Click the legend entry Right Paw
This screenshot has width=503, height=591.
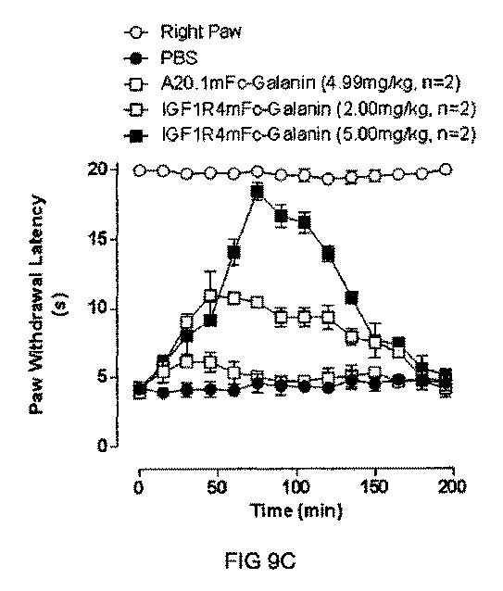pos(200,31)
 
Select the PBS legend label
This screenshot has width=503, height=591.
pos(180,57)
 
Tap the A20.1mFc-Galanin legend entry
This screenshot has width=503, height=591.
pos(310,83)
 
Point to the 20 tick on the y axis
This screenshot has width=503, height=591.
pos(97,170)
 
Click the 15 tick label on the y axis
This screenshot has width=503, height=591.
pos(97,239)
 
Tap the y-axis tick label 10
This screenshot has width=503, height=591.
pos(97,308)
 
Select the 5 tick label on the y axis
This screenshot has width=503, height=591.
pos(103,377)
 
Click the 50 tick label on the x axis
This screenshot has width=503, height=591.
pos(216,486)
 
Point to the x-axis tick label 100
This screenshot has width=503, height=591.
pos(296,486)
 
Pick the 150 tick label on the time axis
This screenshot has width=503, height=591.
pos(374,486)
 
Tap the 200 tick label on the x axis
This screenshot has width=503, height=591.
pos(452,486)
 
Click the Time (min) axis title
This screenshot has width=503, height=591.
pos(296,511)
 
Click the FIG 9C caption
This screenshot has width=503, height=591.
pos(260,561)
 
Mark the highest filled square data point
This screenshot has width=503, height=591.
pos(258,193)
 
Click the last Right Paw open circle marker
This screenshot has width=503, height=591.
pos(446,170)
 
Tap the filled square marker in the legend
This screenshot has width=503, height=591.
pos(134,135)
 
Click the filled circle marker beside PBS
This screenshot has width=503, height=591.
pos(134,58)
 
